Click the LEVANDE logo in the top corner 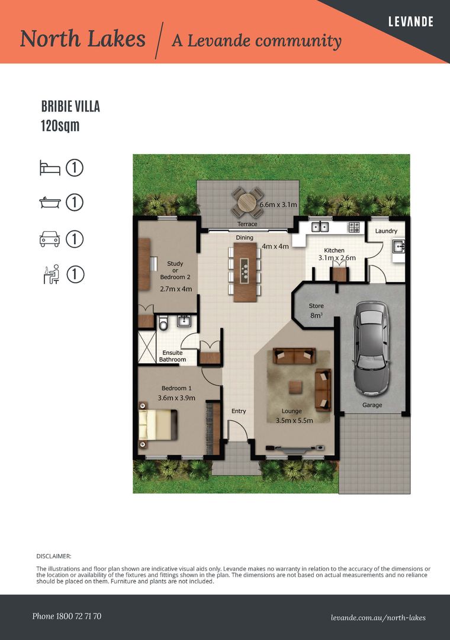410,21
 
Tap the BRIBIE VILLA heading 70,107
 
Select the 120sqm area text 60,125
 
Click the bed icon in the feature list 50,168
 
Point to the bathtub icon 50,202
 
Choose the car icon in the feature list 50,239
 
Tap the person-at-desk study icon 52,274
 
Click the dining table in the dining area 245,272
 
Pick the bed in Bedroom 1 158,425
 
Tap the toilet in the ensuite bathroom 163,322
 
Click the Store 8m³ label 316,310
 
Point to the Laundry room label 386,231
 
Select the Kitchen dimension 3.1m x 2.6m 337,258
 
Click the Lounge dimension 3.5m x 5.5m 294,420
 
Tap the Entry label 239,411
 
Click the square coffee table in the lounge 295,387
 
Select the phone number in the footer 67,616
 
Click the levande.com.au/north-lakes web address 378,618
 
